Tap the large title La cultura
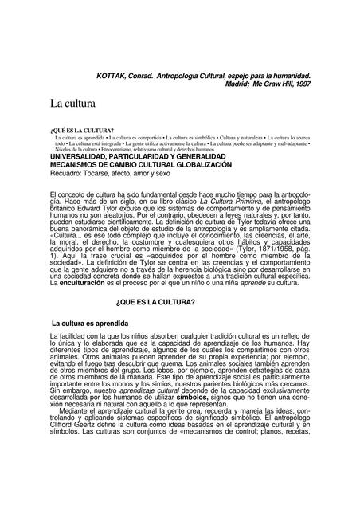(72, 104)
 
